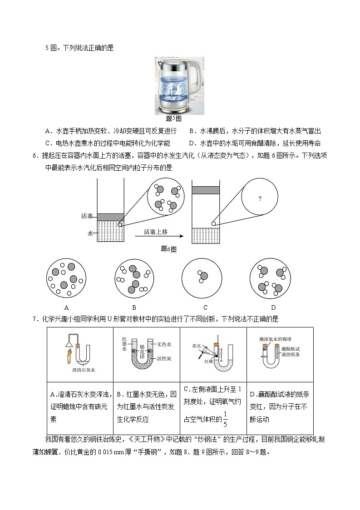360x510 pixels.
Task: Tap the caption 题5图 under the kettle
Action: [173, 119]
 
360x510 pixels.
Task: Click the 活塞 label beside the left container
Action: [87, 216]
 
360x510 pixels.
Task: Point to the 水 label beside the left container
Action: [90, 233]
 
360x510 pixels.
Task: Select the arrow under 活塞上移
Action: [158, 237]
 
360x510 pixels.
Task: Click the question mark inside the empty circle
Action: [260, 198]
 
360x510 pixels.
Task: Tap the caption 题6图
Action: [168, 249]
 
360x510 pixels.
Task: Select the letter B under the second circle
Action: [134, 307]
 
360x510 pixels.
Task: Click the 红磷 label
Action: [209, 361]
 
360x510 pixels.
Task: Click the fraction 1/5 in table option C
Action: [225, 419]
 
